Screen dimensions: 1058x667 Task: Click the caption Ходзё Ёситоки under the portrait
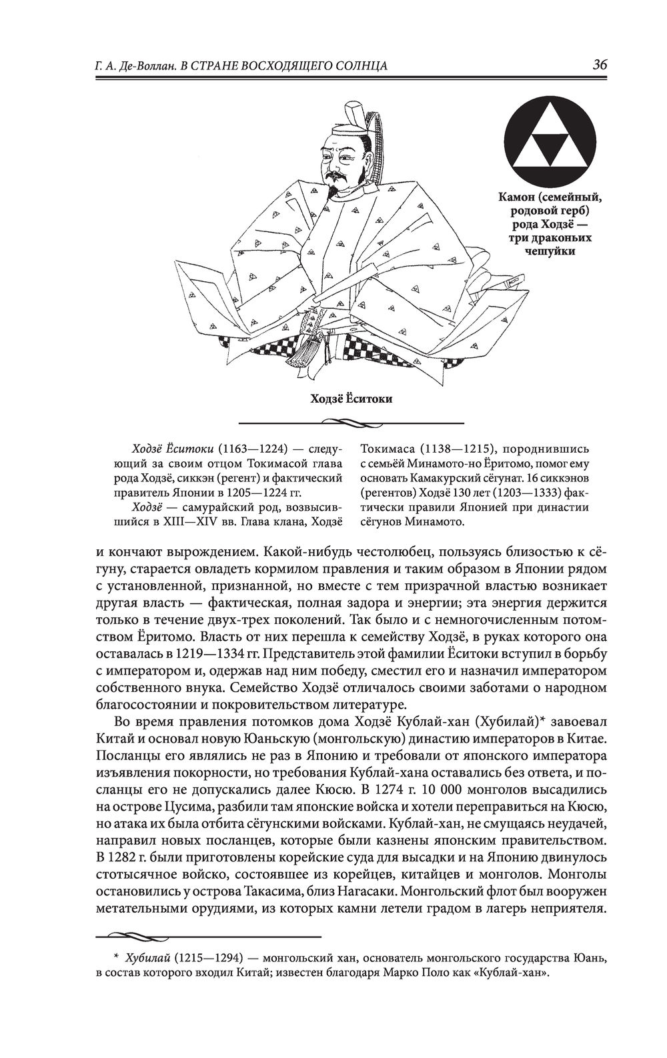point(351,399)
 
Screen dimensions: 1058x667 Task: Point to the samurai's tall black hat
point(352,114)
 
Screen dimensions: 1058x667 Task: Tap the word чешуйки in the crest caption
point(551,251)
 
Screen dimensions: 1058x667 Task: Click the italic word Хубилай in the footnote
point(146,959)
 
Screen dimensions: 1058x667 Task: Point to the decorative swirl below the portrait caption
point(351,422)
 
